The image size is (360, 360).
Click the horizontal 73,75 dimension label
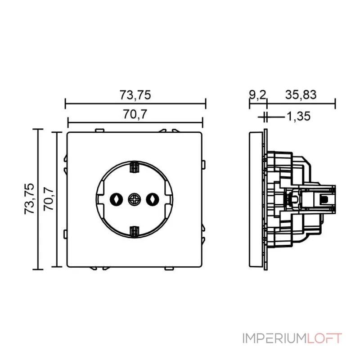click(x=135, y=95)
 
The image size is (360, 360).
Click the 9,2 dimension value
click(x=257, y=95)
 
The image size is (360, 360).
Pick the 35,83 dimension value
click(x=301, y=95)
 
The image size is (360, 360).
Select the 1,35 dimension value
click(x=298, y=117)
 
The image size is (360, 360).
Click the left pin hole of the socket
click(x=117, y=198)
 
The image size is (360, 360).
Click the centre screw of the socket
click(x=134, y=198)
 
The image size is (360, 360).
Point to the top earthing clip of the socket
click(x=134, y=167)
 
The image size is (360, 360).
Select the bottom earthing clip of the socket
click(x=134, y=231)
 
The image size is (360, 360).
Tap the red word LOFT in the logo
click(x=324, y=338)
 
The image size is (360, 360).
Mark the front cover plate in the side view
click(x=256, y=198)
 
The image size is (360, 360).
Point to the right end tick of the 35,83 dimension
click(x=335, y=104)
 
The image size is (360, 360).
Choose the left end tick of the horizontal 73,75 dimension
click(x=66, y=104)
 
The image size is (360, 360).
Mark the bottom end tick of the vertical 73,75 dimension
click(x=38, y=269)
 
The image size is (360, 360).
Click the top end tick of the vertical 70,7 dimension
click(x=56, y=132)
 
